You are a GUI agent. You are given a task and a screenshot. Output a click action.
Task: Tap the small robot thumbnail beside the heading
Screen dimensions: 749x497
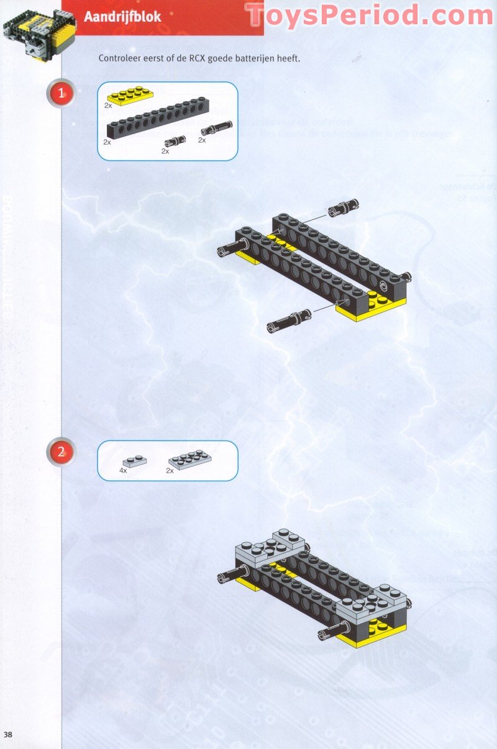[x=39, y=34]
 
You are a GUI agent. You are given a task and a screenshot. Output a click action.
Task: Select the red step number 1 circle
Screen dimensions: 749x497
[x=61, y=94]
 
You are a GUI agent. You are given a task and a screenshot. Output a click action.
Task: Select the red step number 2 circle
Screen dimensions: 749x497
[x=61, y=452]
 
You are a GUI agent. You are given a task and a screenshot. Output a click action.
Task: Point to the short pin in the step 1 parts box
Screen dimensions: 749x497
[x=175, y=142]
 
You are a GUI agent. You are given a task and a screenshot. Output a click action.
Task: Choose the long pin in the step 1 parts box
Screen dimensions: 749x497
[x=216, y=129]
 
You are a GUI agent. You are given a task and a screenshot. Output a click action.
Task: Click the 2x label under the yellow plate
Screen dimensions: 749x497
[x=108, y=106]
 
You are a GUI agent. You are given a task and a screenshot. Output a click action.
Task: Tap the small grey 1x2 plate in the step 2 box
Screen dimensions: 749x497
[x=135, y=461]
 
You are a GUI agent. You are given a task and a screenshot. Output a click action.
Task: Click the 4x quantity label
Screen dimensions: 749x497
[x=123, y=471]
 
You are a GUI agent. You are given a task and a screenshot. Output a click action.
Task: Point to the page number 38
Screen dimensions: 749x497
[x=8, y=735]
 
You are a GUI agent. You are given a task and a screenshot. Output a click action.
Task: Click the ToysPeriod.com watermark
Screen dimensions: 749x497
[x=369, y=16]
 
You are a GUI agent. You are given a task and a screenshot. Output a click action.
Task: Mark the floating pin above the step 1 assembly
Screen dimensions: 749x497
[x=344, y=207]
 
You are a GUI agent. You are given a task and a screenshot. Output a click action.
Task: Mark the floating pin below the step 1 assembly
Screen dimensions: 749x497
[x=289, y=320]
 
